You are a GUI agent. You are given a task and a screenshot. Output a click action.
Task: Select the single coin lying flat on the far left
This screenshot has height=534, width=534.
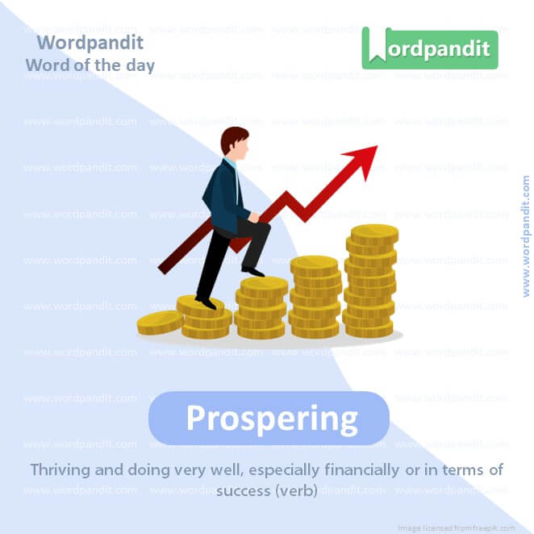160,323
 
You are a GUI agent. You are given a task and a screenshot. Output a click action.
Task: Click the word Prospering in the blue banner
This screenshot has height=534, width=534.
271,419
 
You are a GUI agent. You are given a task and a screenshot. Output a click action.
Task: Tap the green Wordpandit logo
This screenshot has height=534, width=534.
429,48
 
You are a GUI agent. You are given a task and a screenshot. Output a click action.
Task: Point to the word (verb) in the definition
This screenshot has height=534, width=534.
298,490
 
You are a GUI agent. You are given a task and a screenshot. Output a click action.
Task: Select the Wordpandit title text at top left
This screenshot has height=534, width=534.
90,42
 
